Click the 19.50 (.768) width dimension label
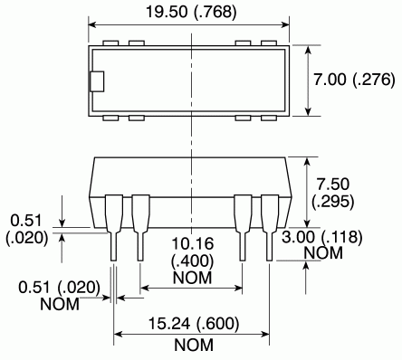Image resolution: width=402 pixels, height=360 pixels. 191,12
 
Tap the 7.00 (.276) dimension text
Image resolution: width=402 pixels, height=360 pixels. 354,80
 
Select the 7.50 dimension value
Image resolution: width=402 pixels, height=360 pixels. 332,184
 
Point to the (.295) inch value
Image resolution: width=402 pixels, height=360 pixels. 332,201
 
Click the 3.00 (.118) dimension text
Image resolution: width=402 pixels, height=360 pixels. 321,237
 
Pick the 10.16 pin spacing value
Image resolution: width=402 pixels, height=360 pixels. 193,243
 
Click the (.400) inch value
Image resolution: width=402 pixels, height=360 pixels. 192,261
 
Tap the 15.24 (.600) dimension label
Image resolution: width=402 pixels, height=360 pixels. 194,324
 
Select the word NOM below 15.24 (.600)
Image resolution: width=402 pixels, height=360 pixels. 194,345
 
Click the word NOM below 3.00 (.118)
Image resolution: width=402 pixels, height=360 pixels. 323,253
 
